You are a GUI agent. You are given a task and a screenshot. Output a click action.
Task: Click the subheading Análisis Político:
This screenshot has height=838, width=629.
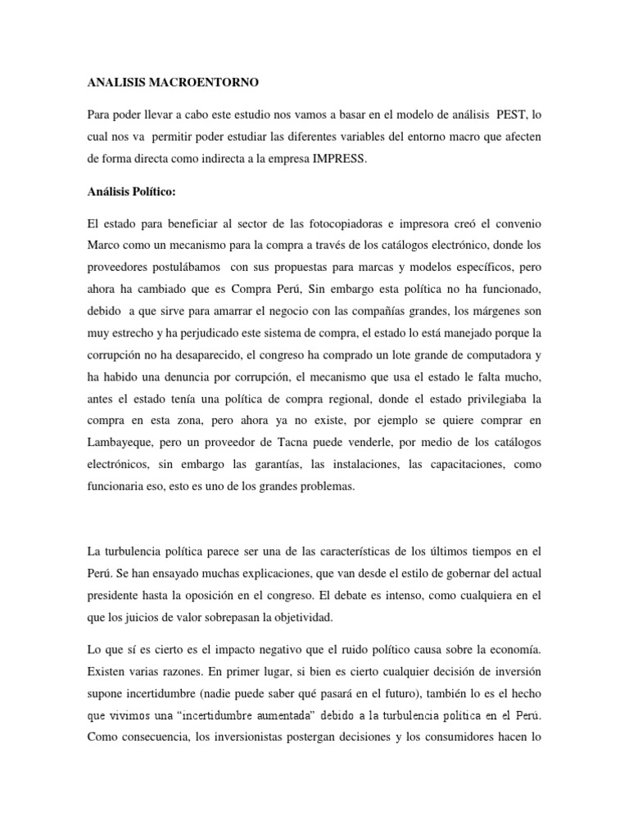[x=131, y=193]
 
